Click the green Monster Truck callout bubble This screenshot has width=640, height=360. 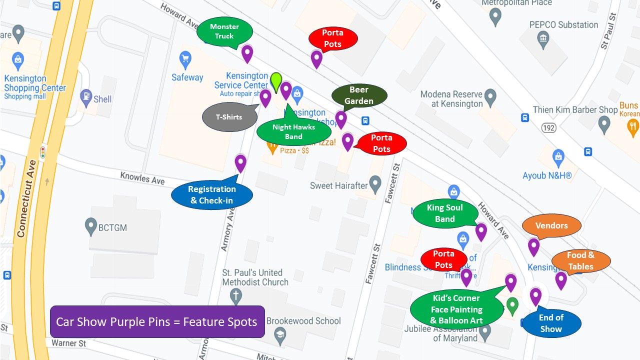224,31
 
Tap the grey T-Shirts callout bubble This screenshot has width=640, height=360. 229,117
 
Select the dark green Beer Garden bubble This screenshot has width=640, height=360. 359,95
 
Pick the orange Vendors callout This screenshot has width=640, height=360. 551,226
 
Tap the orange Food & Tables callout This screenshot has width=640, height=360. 580,261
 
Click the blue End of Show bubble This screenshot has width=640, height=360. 551,323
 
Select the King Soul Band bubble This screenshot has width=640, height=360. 444,213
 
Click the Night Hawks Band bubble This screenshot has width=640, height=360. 293,132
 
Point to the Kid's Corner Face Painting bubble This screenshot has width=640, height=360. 456,309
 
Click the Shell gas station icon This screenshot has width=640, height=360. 86,95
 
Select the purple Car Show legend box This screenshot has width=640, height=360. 157,321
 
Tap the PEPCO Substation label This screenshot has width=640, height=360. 563,25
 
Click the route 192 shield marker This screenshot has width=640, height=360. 549,128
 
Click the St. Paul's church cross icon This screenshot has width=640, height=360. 235,296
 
